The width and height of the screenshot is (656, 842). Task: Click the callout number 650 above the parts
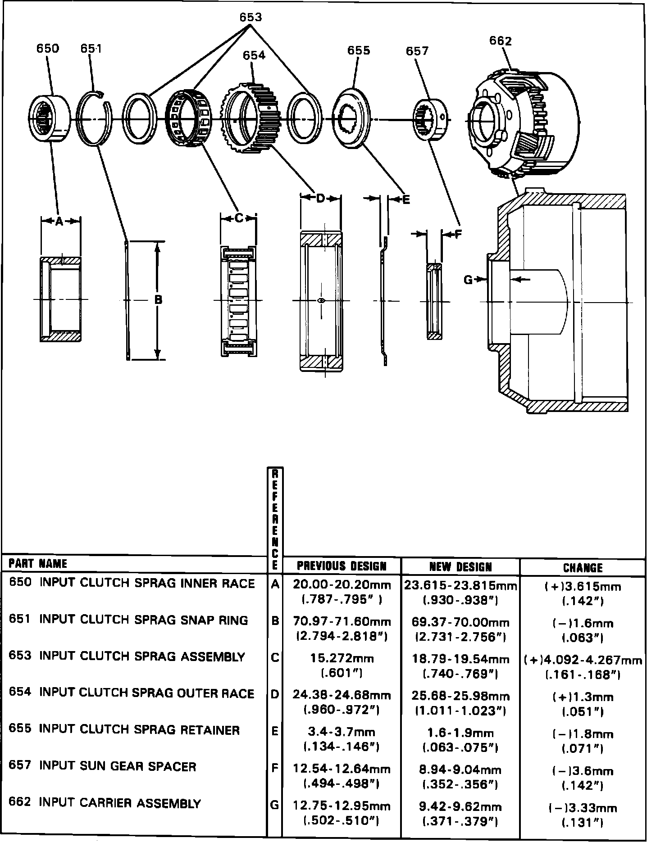click(x=47, y=49)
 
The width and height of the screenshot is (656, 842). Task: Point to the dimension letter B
click(x=158, y=299)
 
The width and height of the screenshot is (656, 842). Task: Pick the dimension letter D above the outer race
click(x=320, y=198)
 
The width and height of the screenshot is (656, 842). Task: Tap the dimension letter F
click(x=458, y=234)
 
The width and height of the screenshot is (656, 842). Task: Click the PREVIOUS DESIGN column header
click(x=342, y=566)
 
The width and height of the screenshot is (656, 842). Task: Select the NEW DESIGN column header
click(x=460, y=566)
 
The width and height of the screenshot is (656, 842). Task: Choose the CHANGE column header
click(x=583, y=567)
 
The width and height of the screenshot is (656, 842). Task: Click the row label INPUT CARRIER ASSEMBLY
click(x=120, y=803)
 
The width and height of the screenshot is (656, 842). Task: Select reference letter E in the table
click(x=274, y=731)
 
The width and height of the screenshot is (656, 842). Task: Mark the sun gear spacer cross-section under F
click(x=434, y=301)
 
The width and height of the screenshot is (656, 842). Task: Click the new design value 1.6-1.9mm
click(x=460, y=733)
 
